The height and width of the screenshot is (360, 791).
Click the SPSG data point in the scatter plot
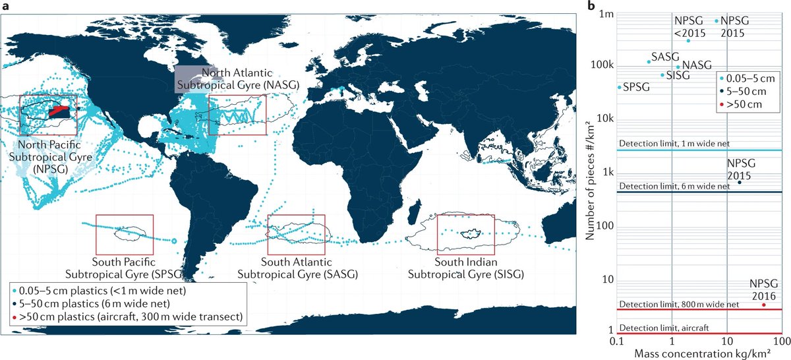[619, 87]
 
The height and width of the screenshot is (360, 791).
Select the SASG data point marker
[649, 62]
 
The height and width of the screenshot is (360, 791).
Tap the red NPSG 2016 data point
[764, 305]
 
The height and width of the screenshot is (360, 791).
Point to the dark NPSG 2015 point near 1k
[740, 182]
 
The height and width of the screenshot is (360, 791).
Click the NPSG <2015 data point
[688, 41]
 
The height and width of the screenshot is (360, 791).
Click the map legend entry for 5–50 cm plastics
[91, 303]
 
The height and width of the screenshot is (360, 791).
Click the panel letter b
[591, 7]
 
